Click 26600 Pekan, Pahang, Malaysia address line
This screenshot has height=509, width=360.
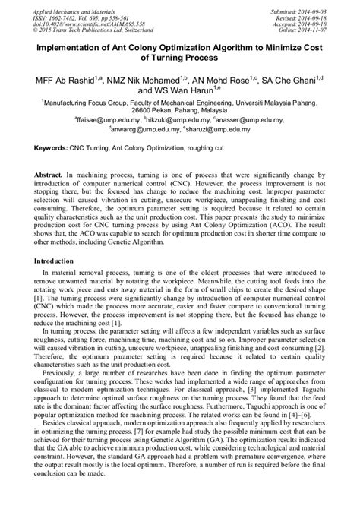180,109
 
